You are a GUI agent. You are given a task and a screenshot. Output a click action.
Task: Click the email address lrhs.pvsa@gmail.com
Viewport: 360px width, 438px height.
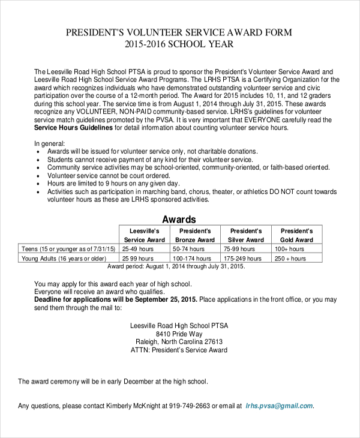[x=279, y=406]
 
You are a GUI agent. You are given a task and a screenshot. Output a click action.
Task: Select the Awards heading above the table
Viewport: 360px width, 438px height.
[x=179, y=220]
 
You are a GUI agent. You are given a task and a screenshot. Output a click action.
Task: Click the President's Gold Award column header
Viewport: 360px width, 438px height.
[x=296, y=235]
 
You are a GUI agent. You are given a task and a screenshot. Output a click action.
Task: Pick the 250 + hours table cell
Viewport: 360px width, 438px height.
[x=290, y=259]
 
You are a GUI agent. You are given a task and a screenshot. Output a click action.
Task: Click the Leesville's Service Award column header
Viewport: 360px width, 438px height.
[x=144, y=235]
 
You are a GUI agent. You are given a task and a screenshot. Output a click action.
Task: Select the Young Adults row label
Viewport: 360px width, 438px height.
[x=64, y=259]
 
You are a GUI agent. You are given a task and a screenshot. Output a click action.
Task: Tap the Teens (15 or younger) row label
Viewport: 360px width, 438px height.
[x=68, y=248]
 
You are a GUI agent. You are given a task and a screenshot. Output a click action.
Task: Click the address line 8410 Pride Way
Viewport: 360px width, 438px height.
[x=179, y=334]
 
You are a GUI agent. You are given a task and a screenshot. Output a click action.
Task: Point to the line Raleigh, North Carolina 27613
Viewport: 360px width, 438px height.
[x=179, y=342]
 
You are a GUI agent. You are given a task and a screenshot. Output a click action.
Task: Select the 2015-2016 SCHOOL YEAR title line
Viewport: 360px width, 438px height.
[x=179, y=44]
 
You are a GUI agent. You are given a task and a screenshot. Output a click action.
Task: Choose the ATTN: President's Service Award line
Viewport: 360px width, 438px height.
[x=179, y=350]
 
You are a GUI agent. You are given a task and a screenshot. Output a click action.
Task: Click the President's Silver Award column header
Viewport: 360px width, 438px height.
[x=246, y=235]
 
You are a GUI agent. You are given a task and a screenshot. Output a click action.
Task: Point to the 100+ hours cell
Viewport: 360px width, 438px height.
[x=287, y=248]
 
